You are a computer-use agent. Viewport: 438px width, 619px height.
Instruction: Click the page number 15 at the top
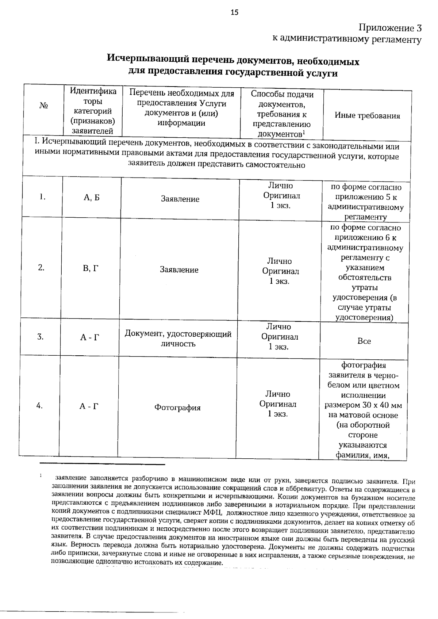234,13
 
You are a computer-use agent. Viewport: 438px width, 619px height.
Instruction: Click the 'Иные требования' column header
367,116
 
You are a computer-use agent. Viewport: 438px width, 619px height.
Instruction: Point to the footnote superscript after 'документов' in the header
304,132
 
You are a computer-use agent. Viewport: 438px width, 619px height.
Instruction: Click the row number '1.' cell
42,197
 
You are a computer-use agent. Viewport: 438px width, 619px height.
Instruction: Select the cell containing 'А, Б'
92,198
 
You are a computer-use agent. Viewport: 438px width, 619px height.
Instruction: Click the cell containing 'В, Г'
91,268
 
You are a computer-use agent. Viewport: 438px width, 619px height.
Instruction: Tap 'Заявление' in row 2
179,270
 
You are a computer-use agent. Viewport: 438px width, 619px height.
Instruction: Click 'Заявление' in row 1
180,199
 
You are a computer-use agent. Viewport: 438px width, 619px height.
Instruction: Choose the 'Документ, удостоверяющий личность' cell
178,339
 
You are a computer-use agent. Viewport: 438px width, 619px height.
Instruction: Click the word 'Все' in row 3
364,341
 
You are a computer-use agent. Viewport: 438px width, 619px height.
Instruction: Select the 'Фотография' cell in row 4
177,408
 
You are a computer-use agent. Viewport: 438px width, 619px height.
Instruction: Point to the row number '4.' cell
40,405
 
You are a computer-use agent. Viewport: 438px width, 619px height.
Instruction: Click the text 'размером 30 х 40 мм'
364,405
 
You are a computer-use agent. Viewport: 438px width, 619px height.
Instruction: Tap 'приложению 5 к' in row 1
366,198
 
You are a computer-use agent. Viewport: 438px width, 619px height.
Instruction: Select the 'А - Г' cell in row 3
89,337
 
